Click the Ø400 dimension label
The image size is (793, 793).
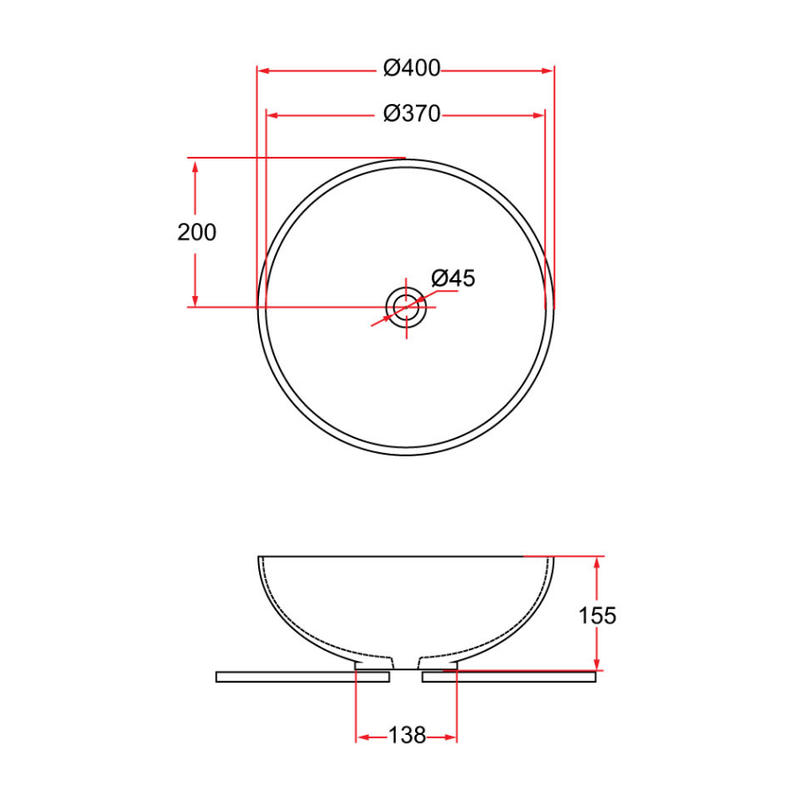411,69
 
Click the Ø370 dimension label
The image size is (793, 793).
411,114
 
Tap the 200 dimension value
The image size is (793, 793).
196,233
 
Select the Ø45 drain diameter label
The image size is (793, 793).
453,278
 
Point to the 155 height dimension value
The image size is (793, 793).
597,615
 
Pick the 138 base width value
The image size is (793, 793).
406,735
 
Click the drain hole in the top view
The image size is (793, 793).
406,307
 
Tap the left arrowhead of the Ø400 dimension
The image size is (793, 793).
263,69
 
